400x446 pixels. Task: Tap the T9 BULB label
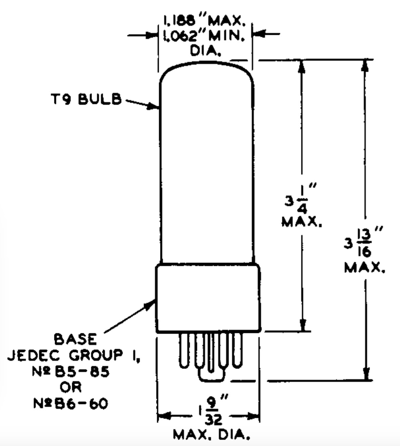[84, 100]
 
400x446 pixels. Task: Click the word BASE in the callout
[76, 339]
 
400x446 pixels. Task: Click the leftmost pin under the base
[184, 350]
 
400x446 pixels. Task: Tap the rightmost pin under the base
[237, 350]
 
